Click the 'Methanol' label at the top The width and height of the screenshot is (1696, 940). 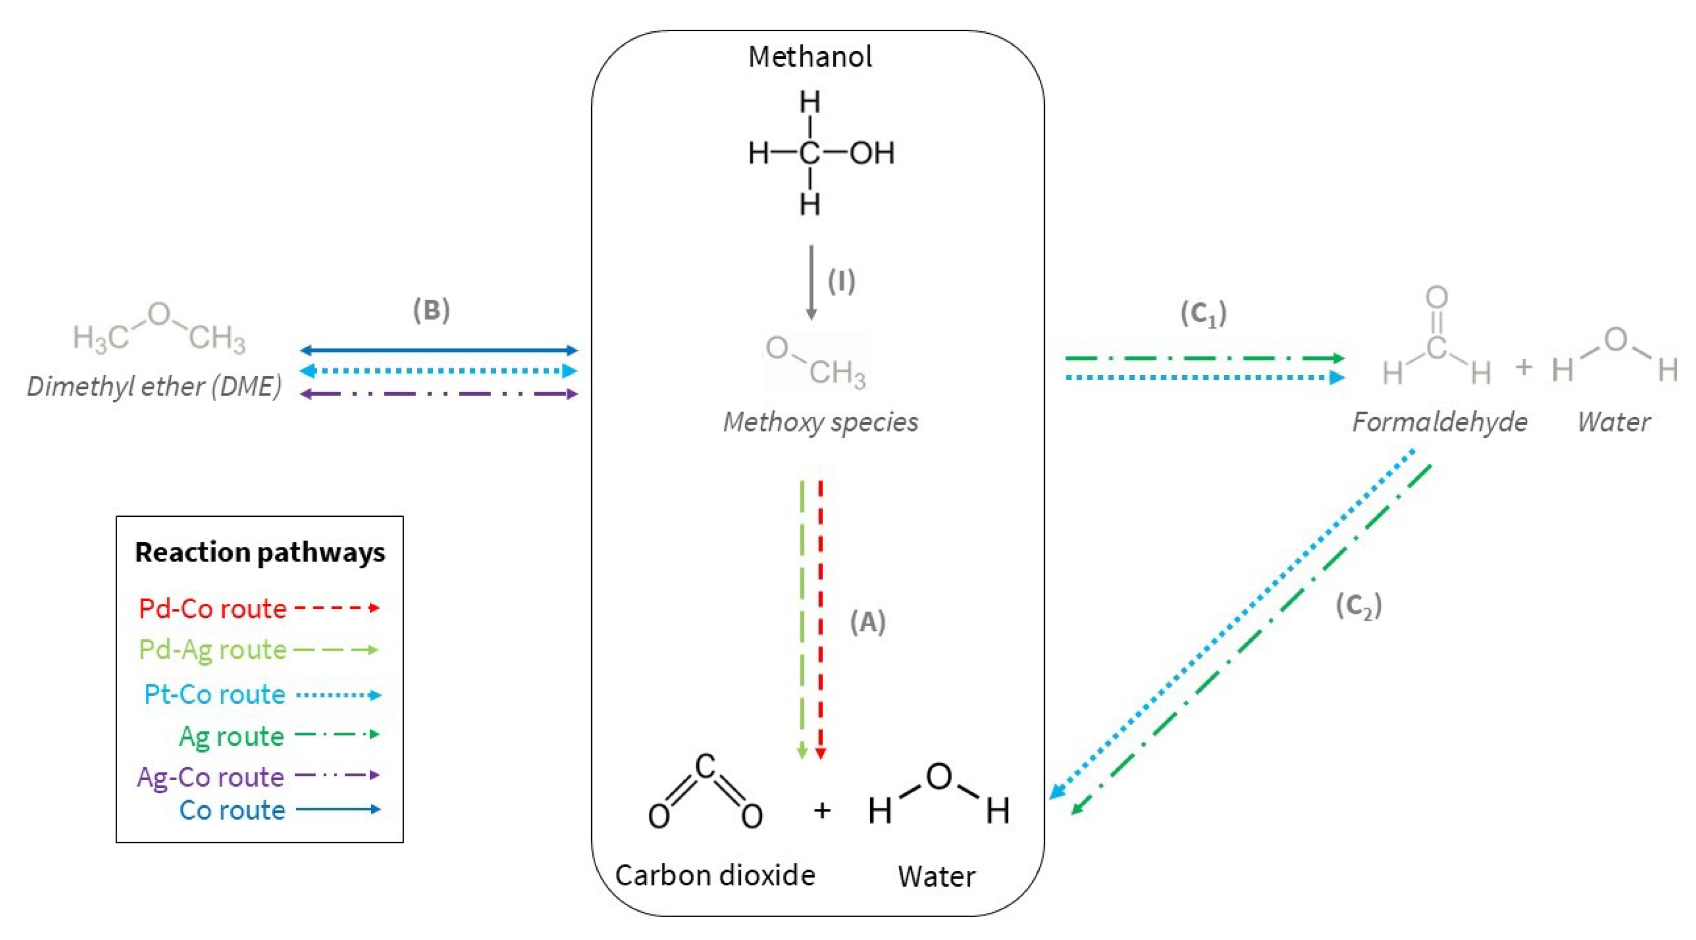pos(810,57)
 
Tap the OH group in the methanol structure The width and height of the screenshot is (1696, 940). pos(872,154)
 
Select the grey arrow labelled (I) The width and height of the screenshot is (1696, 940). pos(811,283)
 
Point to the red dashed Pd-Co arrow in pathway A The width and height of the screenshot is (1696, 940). pos(820,619)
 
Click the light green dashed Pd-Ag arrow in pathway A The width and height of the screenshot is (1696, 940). pos(802,619)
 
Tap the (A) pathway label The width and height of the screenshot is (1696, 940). pos(867,621)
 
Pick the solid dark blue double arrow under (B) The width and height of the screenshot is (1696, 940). pos(438,350)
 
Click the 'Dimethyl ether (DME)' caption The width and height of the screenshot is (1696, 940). pos(154,386)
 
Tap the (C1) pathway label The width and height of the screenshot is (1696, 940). pos(1203,314)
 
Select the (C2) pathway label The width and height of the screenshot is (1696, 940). pos(1358,606)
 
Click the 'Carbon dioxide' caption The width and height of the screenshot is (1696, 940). pos(715,875)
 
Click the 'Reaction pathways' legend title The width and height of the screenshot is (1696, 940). pos(260,552)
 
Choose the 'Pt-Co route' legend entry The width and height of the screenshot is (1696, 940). pos(215,694)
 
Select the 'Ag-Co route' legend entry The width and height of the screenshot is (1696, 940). pos(211,777)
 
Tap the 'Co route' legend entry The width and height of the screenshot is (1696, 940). pos(232,810)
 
